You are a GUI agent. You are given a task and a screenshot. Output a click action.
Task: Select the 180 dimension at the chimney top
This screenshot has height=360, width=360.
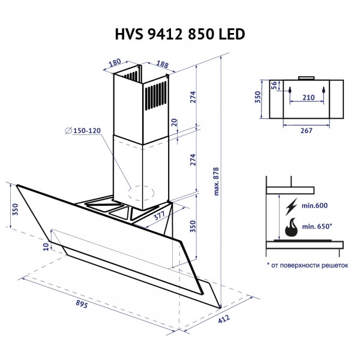click(x=115, y=62)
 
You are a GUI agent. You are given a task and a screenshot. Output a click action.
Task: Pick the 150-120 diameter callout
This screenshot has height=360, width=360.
click(x=84, y=131)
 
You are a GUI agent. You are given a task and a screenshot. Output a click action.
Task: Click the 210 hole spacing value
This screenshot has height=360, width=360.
click(x=308, y=97)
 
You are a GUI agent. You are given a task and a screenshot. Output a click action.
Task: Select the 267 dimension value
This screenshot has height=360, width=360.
click(x=307, y=131)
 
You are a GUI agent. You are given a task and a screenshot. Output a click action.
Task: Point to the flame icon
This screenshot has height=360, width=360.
click(x=292, y=229)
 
